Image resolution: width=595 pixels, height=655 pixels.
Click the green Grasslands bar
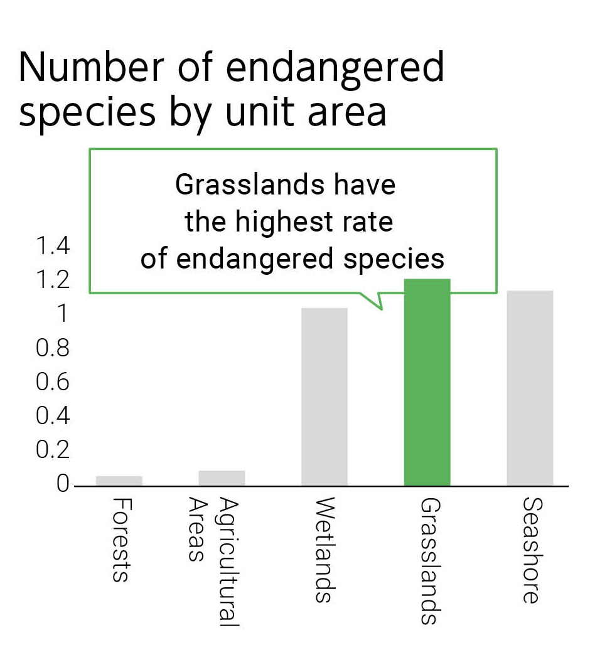click(x=427, y=383)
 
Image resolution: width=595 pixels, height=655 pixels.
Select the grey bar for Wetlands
click(x=324, y=397)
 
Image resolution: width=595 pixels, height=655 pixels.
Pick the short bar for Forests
click(x=119, y=481)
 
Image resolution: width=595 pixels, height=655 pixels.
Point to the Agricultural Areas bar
click(x=222, y=478)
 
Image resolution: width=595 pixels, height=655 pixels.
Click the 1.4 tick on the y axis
click(x=53, y=247)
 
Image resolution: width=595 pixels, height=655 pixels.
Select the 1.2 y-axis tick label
click(x=53, y=280)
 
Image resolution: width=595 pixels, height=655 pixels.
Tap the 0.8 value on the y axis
click(x=53, y=348)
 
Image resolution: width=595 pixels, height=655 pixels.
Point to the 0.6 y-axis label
click(x=53, y=382)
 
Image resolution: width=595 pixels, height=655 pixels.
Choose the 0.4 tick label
click(x=53, y=416)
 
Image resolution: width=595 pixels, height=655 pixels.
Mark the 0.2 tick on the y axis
click(x=53, y=450)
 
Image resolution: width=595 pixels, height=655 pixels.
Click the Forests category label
click(x=120, y=540)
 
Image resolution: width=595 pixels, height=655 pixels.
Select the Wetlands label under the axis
click(x=324, y=550)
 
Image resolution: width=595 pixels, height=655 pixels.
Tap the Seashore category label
click(x=530, y=550)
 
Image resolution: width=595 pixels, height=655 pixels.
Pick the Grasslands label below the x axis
click(x=428, y=562)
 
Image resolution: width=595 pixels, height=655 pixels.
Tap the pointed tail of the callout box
click(x=378, y=306)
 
